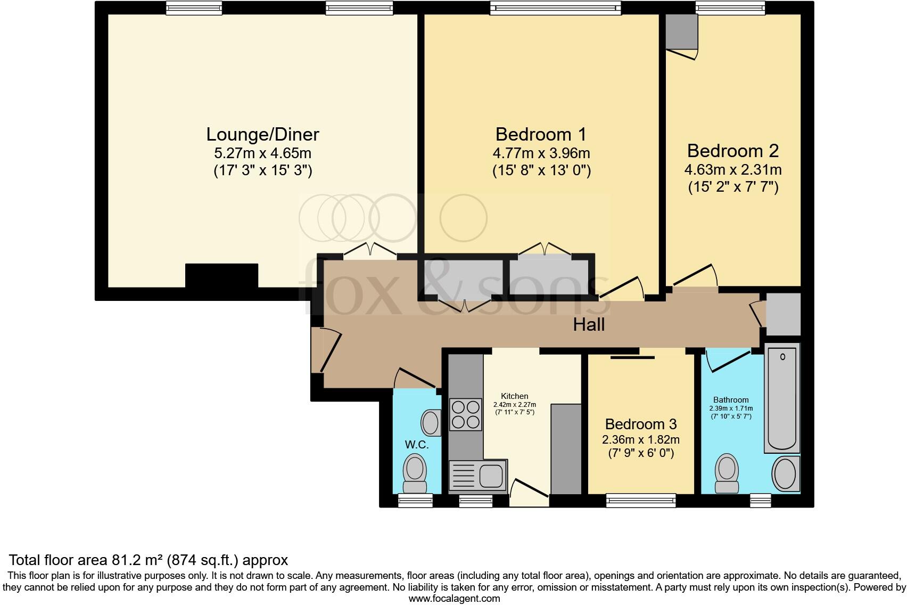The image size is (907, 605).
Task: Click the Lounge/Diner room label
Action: (262, 134)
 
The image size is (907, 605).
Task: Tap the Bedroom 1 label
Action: (541, 134)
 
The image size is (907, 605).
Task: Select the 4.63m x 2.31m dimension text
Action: (732, 170)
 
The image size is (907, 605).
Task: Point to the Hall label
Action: (589, 324)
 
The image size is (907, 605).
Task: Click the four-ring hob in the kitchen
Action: (466, 415)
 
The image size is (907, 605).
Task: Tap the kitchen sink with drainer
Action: (477, 475)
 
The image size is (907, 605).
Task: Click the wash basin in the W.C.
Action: (430, 423)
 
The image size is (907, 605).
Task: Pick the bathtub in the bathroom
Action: (782, 398)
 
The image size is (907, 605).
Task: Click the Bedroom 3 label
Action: (640, 424)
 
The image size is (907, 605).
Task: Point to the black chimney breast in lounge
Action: (221, 275)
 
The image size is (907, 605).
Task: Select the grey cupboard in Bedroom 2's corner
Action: (681, 32)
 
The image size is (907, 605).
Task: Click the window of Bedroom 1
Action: (555, 7)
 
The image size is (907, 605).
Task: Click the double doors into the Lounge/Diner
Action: (370, 251)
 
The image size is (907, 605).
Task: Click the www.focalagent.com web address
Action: (454, 598)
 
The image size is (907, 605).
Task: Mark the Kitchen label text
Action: (514, 396)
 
